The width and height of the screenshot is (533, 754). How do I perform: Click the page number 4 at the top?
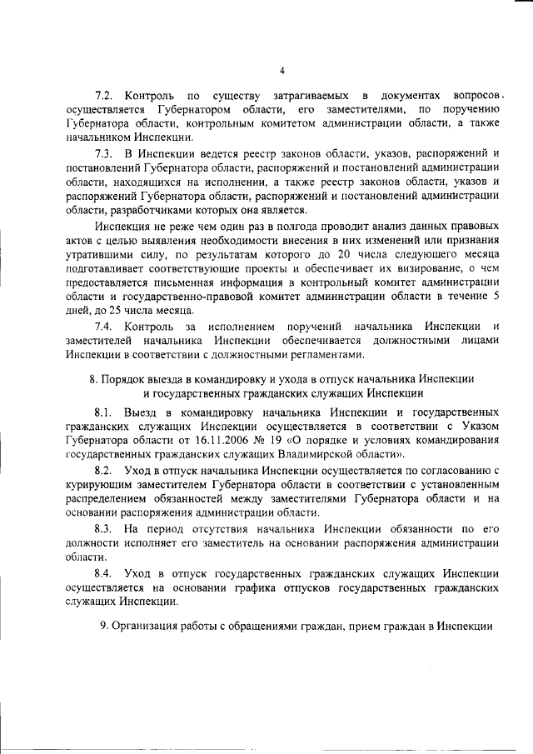point(281,70)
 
